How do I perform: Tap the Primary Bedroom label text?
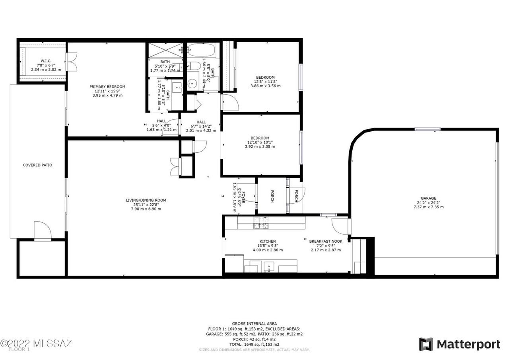tap(107, 87)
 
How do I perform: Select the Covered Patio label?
tap(37, 165)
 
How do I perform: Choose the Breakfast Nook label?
tap(326, 241)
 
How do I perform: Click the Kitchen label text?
tap(268, 241)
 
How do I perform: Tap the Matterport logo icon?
tap(426, 344)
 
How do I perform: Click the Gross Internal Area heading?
tap(254, 324)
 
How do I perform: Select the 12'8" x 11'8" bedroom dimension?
tap(265, 82)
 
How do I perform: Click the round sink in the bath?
tap(193, 84)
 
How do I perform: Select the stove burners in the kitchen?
tap(261, 223)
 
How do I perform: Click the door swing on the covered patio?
tap(42, 231)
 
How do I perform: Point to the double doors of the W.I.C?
tap(71, 62)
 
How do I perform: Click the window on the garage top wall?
tap(427, 129)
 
